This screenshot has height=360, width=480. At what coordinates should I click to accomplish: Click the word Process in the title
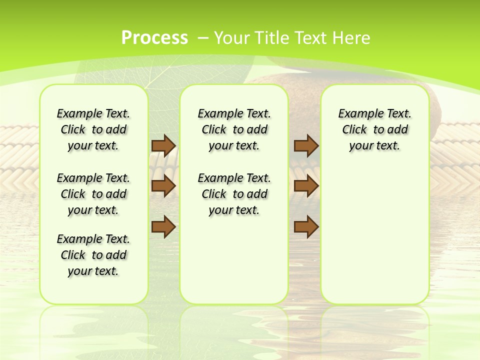[154, 37]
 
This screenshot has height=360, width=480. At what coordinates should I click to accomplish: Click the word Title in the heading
[273, 37]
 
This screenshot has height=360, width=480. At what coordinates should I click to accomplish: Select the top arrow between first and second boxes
[163, 145]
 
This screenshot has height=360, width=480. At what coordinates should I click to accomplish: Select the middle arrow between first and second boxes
[163, 186]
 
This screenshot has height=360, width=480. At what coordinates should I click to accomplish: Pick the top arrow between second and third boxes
[306, 145]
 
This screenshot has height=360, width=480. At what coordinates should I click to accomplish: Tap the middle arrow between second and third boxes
[306, 186]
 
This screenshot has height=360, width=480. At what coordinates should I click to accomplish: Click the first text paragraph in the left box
[93, 129]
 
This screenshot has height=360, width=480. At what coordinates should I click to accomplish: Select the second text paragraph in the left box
[93, 194]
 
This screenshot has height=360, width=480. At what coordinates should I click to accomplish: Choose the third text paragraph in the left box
[93, 255]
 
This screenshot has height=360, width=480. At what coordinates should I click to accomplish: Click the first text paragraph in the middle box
[234, 129]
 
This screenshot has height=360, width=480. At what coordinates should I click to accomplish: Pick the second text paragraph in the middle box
[234, 194]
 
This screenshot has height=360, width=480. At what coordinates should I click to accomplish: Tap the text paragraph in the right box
[375, 129]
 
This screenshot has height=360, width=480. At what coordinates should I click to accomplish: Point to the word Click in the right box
[354, 129]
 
